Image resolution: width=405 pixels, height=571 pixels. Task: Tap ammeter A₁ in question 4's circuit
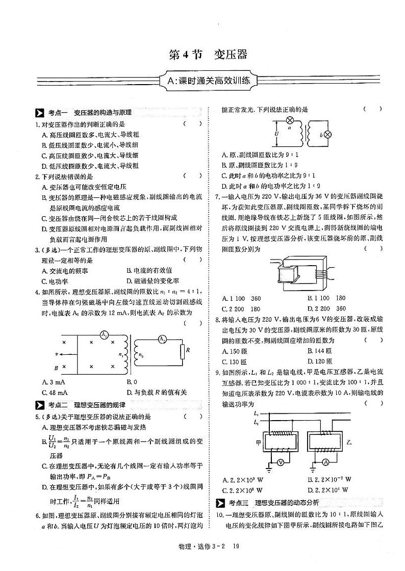(x=104, y=335)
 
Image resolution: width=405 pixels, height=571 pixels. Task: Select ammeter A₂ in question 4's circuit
(x=160, y=339)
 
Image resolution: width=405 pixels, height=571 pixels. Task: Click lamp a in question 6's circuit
(x=290, y=121)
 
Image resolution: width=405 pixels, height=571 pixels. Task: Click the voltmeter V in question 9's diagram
(x=280, y=462)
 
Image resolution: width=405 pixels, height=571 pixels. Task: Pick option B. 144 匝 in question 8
(x=320, y=351)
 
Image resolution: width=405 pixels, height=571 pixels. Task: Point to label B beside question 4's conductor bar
(x=56, y=368)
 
